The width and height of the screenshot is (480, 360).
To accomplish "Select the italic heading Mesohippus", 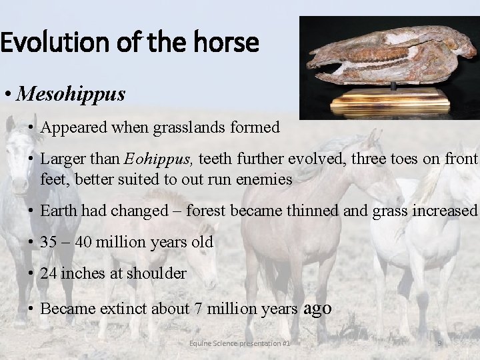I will click(x=71, y=94).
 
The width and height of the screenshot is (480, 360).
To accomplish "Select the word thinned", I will click(x=315, y=211).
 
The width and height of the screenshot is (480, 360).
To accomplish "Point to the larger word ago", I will click(x=317, y=308).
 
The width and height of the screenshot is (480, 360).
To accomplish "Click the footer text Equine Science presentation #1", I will click(x=239, y=343).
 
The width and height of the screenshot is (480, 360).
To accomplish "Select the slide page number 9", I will click(x=439, y=343).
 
